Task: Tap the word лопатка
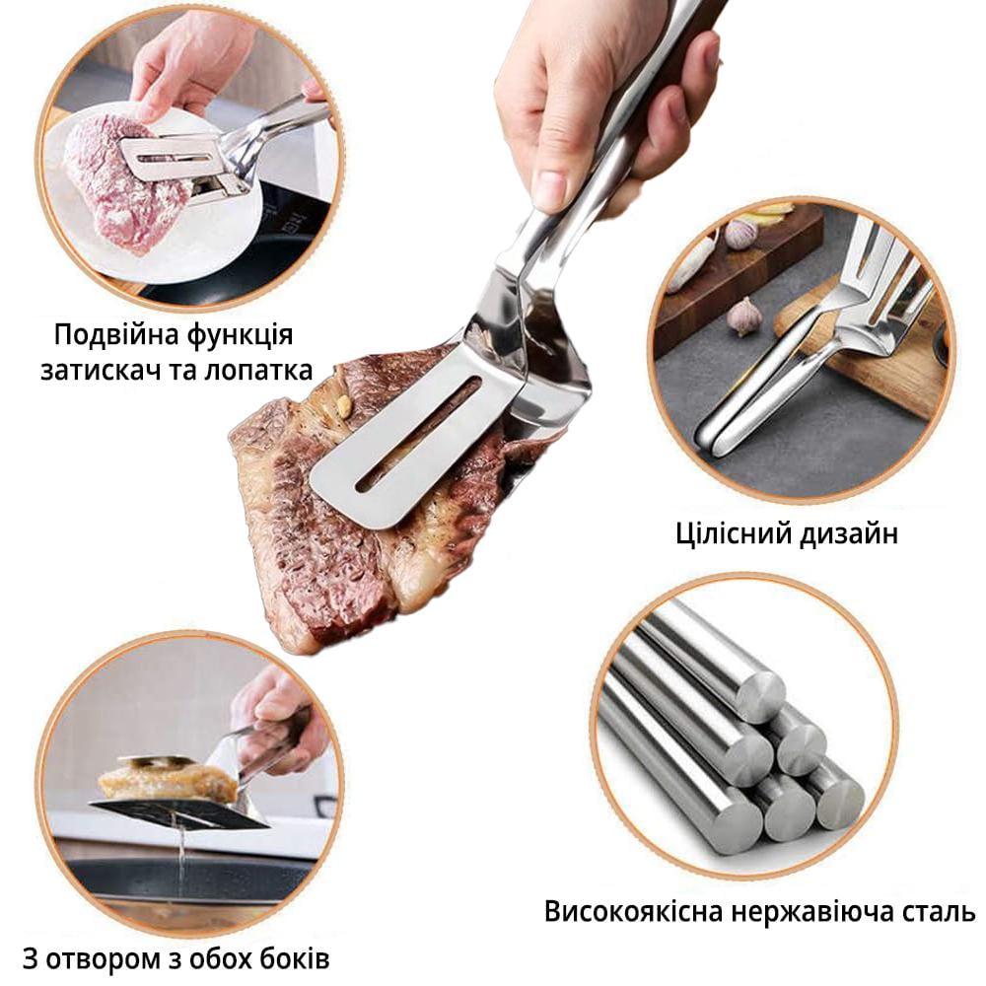(x=258, y=370)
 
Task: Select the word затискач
(x=99, y=371)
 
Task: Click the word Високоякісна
(x=634, y=911)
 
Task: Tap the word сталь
(x=940, y=912)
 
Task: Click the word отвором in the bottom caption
(x=105, y=960)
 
